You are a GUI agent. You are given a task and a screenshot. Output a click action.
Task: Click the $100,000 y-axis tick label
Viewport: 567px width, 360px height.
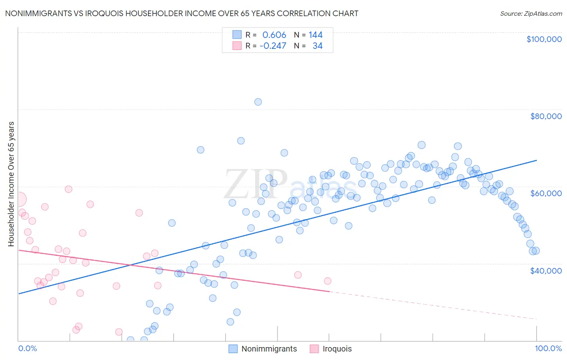point(544,39)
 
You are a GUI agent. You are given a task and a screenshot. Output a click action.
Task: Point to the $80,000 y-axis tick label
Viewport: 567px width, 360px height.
point(546,116)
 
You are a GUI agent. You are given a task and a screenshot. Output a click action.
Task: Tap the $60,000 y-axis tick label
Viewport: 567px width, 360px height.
point(546,193)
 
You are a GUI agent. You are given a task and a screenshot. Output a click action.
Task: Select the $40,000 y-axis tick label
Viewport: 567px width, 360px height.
point(546,271)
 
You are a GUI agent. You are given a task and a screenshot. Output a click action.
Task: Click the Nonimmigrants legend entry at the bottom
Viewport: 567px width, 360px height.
point(269,349)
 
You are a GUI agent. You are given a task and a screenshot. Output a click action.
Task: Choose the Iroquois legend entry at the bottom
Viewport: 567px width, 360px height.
point(337,349)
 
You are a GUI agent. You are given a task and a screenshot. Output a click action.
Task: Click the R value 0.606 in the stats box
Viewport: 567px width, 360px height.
point(274,35)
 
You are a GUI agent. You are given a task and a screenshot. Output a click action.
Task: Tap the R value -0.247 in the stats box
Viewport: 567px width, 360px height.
point(273,46)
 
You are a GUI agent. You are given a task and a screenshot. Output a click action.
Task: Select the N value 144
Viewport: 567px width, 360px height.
point(316,35)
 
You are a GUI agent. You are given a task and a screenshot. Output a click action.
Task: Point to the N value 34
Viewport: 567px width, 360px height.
point(317,46)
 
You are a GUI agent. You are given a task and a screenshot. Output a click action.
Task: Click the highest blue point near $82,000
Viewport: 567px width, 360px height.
point(258,102)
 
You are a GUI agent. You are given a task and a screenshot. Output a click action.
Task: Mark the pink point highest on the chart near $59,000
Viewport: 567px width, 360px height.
point(69,189)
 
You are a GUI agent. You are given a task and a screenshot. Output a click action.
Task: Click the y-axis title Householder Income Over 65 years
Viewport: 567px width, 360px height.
point(11,184)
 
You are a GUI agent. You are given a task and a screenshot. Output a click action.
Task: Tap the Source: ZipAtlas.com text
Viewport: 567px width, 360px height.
point(531,14)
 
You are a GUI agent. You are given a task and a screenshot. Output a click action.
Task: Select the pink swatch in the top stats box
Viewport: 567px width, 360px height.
point(237,46)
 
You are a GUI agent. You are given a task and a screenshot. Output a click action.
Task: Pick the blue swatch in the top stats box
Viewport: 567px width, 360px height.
point(237,35)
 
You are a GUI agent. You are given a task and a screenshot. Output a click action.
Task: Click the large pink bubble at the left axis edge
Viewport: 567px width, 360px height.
point(19,199)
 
